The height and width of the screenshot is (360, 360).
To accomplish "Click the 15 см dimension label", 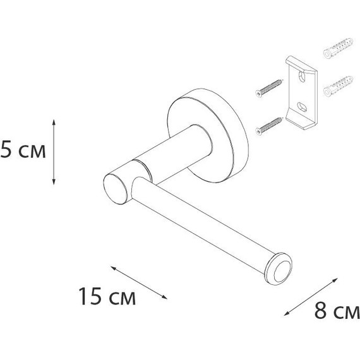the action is (107, 296).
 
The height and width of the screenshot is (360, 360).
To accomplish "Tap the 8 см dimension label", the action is (337, 310).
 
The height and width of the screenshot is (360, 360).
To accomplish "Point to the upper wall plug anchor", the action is (338, 48).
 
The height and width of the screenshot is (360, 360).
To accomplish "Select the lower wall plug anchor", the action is (338, 86).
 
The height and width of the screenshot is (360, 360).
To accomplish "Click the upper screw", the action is (269, 88).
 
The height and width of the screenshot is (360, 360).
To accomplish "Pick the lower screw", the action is (269, 126).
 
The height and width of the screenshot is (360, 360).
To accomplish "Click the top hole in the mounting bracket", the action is (302, 77).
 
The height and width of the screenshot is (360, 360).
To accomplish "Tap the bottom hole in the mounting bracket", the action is (302, 107).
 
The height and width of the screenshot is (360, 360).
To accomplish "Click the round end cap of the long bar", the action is (279, 269).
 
